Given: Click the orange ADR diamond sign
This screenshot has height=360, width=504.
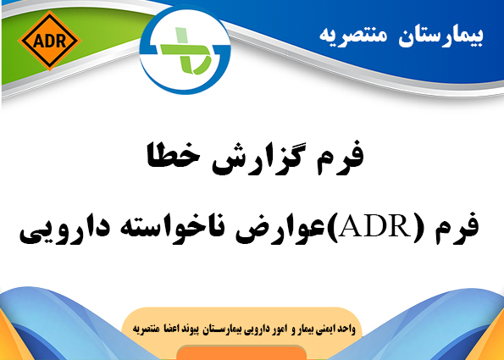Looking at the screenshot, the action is tap(49, 41).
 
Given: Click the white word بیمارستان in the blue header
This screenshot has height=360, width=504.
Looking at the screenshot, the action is tap(440, 36).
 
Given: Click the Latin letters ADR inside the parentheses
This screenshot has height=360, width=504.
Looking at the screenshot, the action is tap(374, 227).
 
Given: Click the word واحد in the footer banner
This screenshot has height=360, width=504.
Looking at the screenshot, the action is tap(346, 330).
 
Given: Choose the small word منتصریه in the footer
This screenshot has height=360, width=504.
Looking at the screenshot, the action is tap(145, 330).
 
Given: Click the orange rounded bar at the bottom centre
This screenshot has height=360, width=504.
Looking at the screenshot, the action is tap(241, 353).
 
